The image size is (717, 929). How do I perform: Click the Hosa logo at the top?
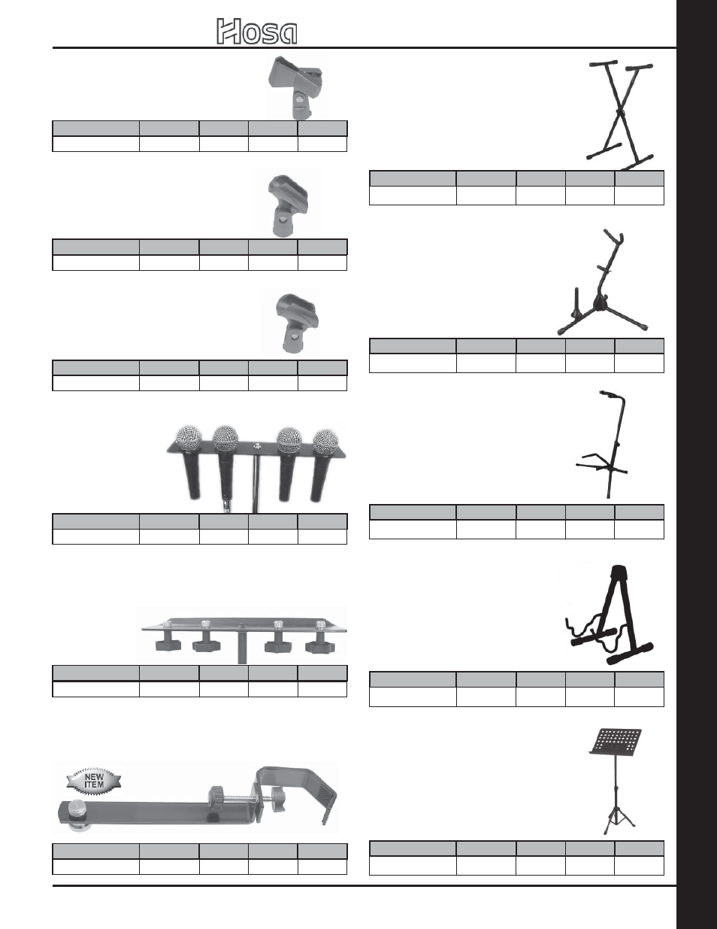[x=257, y=32]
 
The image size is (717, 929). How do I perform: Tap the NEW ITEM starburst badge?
[x=94, y=780]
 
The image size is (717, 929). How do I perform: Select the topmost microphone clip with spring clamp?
[x=297, y=86]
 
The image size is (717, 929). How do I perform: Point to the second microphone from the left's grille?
[x=225, y=437]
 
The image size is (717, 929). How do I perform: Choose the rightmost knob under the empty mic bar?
[x=319, y=645]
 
